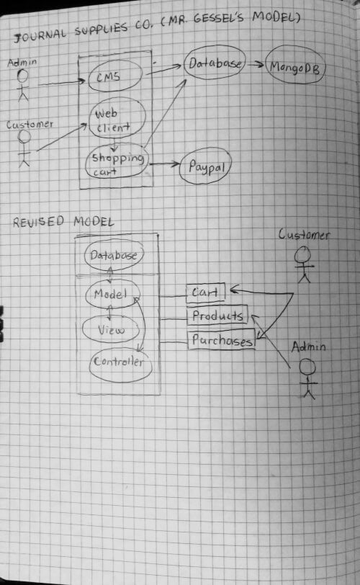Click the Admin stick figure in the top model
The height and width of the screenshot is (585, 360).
(23, 85)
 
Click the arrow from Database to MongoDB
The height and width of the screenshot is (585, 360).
(256, 64)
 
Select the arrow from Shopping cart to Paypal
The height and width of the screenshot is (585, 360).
(164, 164)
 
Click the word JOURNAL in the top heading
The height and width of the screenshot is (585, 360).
(40, 35)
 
